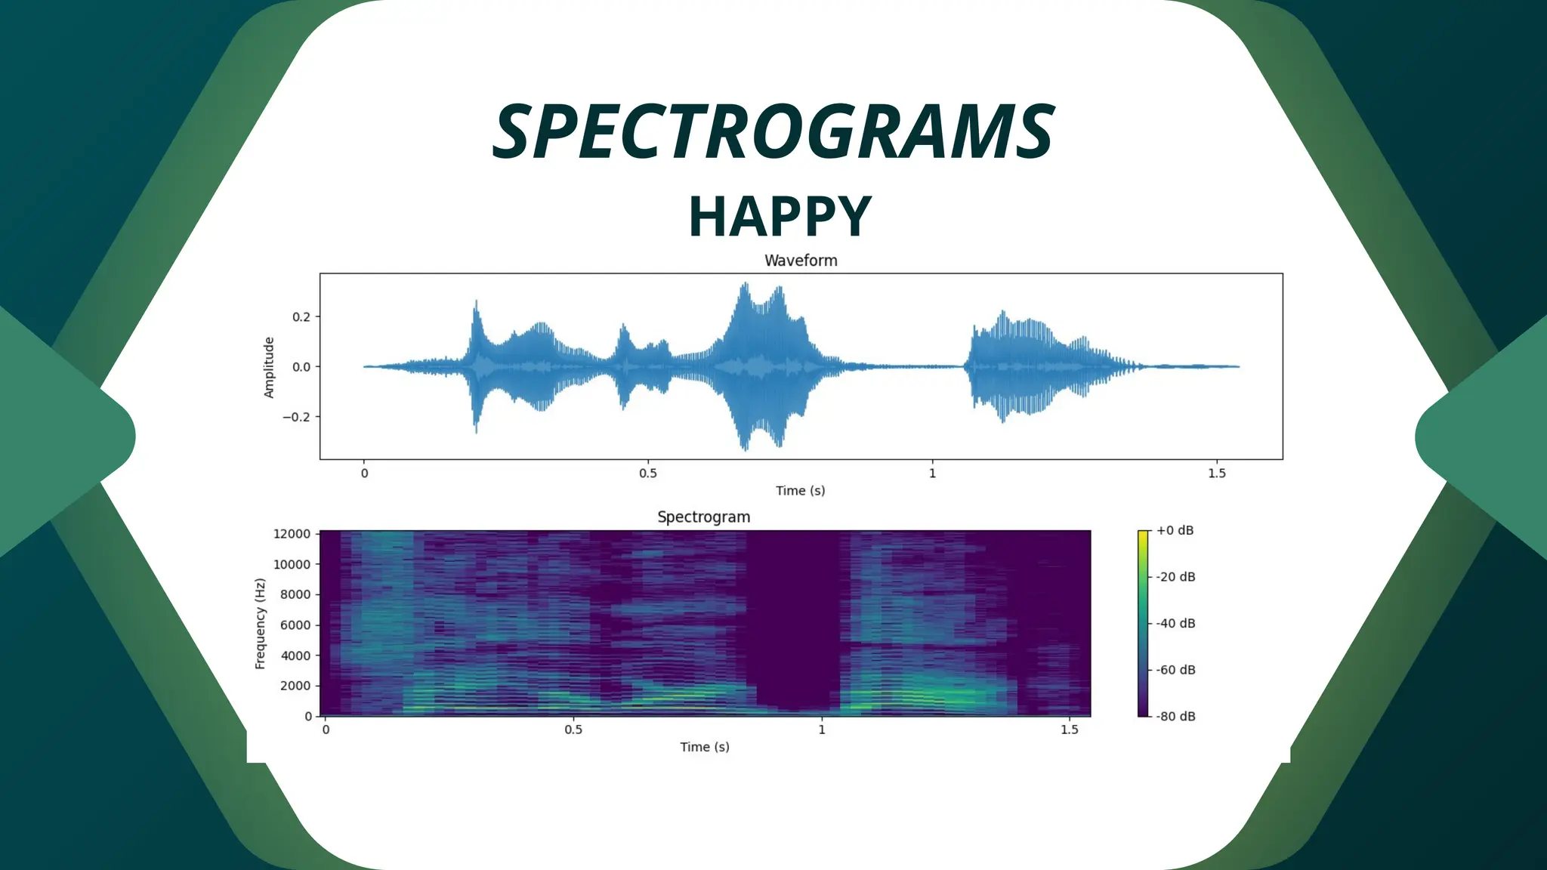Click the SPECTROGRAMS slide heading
tap(773, 132)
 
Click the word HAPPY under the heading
tap(780, 217)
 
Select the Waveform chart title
tap(801, 261)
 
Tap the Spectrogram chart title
tap(703, 517)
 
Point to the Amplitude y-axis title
tap(269, 368)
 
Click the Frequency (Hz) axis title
tap(261, 624)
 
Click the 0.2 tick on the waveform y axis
tap(301, 317)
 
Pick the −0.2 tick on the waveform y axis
tap(296, 417)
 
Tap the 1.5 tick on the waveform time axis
tap(1216, 474)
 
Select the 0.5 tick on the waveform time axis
tap(647, 474)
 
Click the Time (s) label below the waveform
tap(800, 491)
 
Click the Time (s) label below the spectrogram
tap(704, 747)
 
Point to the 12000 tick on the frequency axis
tap(292, 534)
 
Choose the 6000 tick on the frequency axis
tap(295, 625)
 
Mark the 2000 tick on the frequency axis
tap(295, 686)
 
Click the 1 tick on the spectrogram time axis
tap(822, 730)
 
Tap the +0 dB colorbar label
tap(1175, 530)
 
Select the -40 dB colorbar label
tap(1175, 623)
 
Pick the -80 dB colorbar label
tap(1175, 716)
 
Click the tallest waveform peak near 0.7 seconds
tap(746, 285)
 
